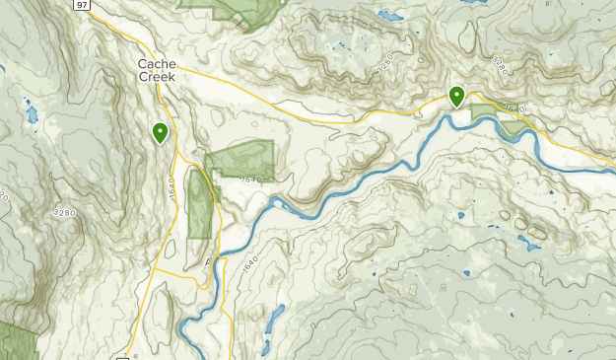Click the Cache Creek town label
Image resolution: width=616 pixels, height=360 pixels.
(x=156, y=70)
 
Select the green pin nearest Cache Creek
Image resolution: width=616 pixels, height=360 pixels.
(x=160, y=132)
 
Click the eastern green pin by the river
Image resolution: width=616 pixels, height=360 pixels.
(x=457, y=97)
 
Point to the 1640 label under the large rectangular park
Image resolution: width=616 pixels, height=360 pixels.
(x=250, y=180)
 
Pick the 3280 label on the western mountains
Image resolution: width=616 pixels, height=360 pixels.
(x=65, y=212)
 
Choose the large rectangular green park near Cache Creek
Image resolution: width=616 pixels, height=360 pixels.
(x=240, y=160)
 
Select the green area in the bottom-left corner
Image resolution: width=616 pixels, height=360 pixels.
(x=17, y=340)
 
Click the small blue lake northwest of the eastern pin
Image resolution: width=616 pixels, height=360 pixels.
(x=391, y=16)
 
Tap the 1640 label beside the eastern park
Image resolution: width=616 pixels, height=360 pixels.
(x=518, y=108)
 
